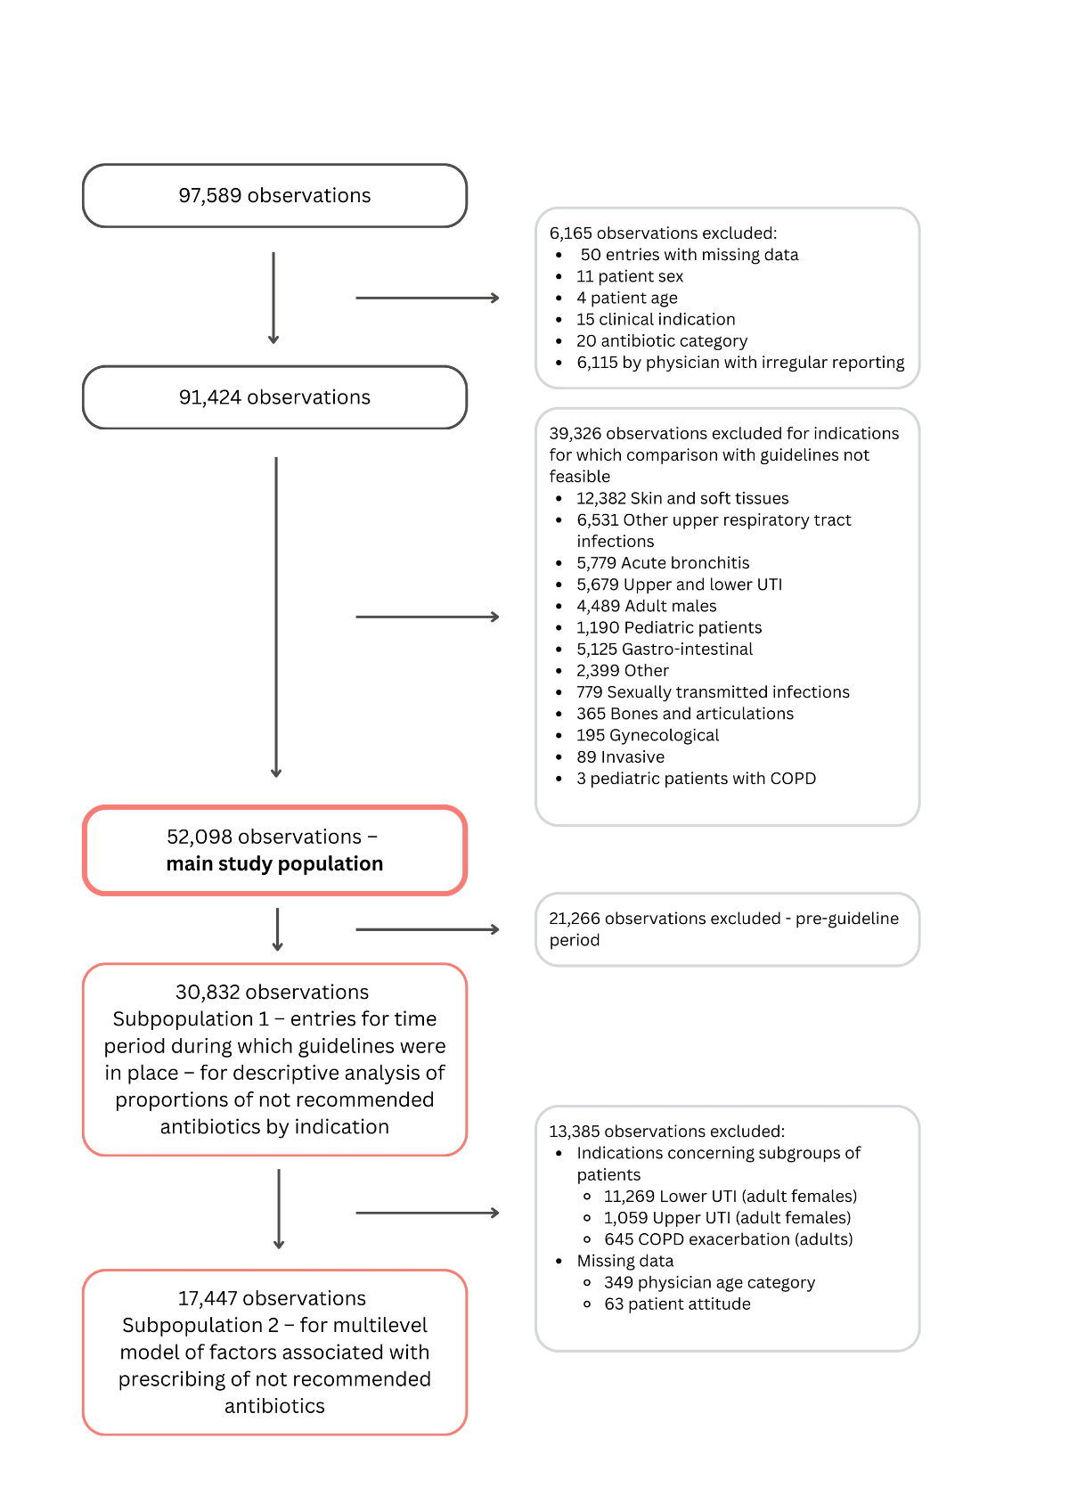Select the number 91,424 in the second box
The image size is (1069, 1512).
210,397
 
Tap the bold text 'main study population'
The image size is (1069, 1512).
274,864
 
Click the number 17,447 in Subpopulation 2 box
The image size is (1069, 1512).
210,1299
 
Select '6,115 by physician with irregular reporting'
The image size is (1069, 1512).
740,363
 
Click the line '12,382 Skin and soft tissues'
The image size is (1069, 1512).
682,499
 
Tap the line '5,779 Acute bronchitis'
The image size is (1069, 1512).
663,563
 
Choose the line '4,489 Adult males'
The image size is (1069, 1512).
646,607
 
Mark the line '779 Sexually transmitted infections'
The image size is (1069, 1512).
713,692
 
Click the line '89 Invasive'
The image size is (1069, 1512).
620,757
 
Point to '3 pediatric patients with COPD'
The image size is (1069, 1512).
696,779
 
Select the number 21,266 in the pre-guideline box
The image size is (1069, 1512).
575,919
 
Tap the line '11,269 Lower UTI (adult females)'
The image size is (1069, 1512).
730,1197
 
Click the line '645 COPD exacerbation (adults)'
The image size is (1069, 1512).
728,1239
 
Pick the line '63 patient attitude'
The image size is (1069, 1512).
677,1304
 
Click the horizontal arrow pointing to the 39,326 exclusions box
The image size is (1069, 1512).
428,617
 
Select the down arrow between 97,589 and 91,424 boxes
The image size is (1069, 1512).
273,298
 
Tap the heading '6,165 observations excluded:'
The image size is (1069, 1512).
663,233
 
